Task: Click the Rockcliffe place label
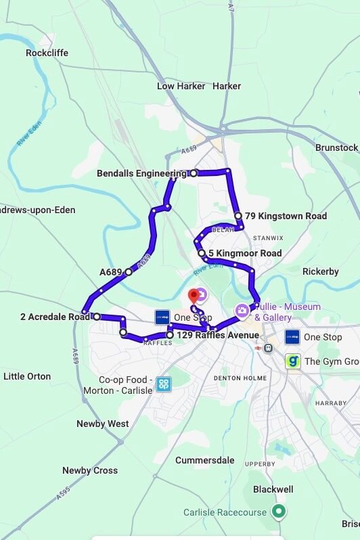tap(47, 53)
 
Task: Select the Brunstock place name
tap(336, 148)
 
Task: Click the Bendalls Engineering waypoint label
tap(141, 173)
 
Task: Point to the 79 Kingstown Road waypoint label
tap(286, 217)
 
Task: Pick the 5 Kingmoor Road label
tap(244, 254)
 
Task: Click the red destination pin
tap(193, 296)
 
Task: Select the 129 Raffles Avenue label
tap(217, 335)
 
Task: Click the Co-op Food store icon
tap(163, 384)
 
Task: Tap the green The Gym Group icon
tap(292, 361)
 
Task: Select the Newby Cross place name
tap(89, 470)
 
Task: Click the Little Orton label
tap(27, 376)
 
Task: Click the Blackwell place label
tap(273, 489)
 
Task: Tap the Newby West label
tap(102, 424)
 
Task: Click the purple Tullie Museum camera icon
tap(242, 311)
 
